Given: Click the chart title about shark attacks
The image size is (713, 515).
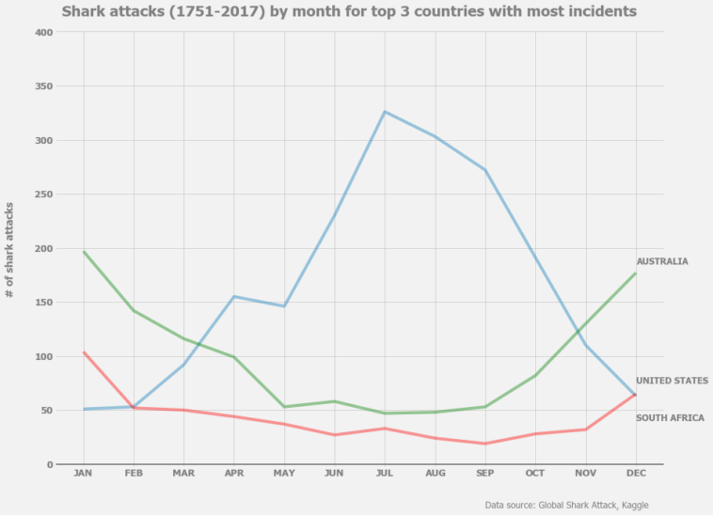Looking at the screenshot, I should point(349,11).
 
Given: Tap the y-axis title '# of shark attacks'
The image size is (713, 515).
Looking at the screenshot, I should point(10,249).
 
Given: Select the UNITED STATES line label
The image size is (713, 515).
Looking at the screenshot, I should point(672,381).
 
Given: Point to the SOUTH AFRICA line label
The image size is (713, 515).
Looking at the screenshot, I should point(669,418).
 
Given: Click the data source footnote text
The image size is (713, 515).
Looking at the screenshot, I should point(566,505).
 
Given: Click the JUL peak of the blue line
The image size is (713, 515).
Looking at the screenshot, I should point(384,112).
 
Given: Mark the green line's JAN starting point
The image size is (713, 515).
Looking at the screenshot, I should point(84,252).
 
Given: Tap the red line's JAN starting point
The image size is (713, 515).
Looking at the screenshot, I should point(84,352).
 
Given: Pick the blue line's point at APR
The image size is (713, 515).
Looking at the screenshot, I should point(234,297).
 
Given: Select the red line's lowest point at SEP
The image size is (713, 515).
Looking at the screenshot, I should point(484,444).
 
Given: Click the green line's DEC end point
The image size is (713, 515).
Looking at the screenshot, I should point(636,273).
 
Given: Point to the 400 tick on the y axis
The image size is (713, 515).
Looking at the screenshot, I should point(43,32).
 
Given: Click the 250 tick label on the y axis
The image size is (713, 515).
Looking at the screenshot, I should point(43,195).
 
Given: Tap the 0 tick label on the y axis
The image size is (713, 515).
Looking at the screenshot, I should point(50,464).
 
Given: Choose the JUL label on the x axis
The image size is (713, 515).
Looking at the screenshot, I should point(384,474).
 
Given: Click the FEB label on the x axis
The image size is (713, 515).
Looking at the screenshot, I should point(134,474).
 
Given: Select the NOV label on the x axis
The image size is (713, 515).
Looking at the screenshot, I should point(585,474).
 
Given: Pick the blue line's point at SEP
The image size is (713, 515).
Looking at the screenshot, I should point(484,170).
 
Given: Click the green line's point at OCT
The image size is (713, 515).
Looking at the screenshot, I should point(535,376).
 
